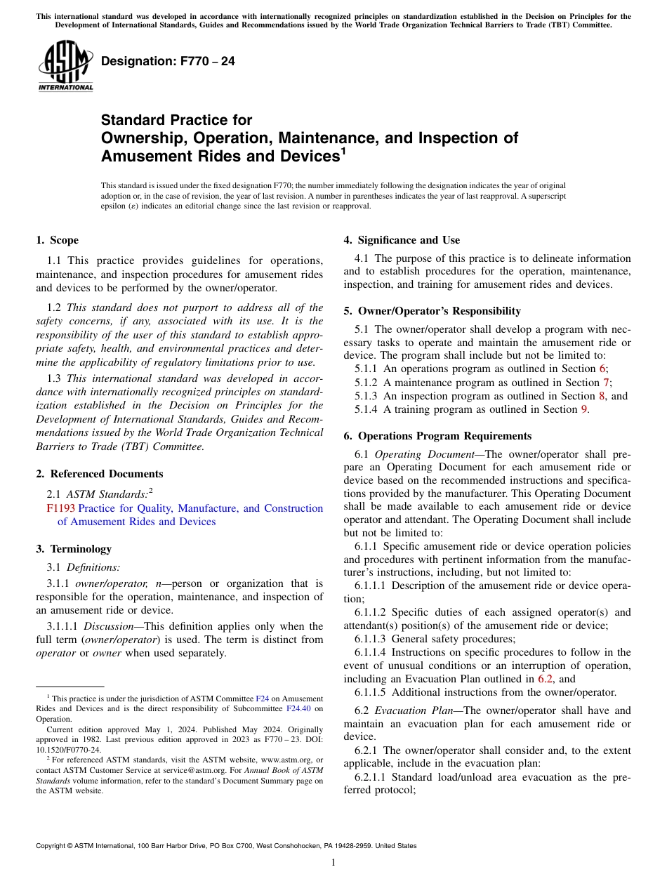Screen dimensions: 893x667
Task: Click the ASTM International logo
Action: [65, 66]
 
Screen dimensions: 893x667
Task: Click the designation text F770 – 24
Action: [168, 62]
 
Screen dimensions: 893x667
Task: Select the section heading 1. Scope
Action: [57, 240]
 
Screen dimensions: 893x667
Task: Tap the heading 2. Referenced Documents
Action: [99, 474]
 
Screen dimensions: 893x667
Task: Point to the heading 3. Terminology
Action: [73, 549]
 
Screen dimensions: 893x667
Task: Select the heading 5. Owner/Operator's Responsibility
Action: [432, 311]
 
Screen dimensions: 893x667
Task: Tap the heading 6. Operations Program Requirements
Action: [437, 436]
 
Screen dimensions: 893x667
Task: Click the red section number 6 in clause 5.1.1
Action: [602, 369]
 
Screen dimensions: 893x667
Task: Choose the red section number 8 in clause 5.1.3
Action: [602, 396]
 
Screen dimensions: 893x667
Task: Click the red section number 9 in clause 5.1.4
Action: [583, 409]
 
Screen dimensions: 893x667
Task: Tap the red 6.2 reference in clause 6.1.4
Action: [545, 679]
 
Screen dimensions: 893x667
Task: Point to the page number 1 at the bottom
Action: [333, 863]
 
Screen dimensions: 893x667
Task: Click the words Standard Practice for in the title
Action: [176, 120]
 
